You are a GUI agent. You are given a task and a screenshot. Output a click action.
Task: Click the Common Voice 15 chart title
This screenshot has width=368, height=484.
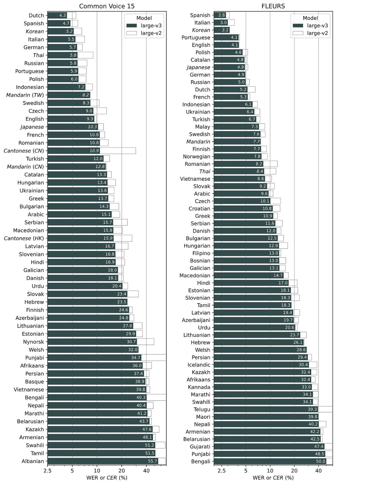coord(107,6)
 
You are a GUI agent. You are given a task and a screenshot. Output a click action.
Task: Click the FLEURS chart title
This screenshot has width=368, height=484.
coord(273,6)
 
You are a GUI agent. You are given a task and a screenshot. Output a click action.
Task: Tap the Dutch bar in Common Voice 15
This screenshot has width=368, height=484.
coord(57,15)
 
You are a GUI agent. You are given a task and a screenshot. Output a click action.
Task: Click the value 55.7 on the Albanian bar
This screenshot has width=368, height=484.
coord(152,461)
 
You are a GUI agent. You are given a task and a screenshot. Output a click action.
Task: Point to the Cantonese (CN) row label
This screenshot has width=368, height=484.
coord(24,151)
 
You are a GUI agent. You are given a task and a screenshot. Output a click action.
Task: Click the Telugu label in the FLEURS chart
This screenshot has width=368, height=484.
coord(202,409)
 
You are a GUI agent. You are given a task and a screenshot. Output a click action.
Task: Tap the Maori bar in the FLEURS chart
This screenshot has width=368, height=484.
coord(266,417)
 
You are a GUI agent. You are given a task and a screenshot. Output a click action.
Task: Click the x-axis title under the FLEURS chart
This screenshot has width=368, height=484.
coord(273,478)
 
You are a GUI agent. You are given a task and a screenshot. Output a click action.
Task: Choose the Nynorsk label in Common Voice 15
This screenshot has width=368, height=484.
coord(33,342)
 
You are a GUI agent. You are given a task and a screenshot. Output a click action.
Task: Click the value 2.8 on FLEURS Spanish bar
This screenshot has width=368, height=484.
coord(222,15)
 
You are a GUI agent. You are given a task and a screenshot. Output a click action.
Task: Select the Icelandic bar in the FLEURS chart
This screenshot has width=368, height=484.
coord(261,365)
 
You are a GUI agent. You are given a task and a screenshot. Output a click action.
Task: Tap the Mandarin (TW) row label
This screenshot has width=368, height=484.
coord(25,95)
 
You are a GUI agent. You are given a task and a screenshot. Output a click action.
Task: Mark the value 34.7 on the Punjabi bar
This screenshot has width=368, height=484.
coord(136,358)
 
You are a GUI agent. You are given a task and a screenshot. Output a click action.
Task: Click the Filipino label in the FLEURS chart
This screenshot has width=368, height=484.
coord(201,253)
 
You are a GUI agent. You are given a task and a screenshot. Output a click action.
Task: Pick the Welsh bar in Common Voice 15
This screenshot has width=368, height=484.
coord(93,350)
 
